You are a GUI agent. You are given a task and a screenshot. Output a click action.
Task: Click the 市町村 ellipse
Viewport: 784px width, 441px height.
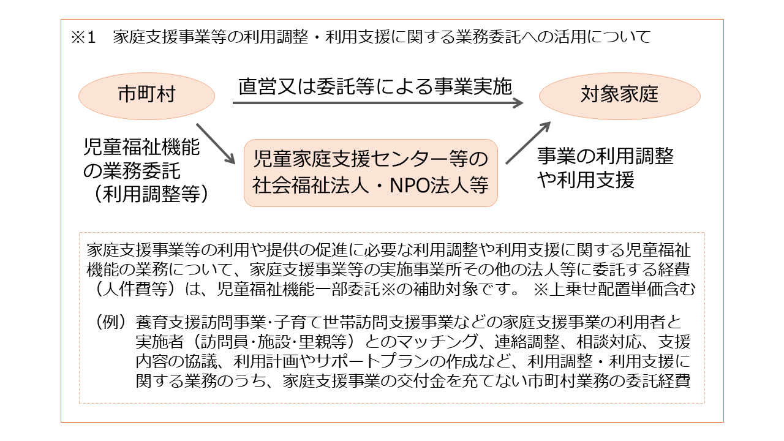pos(146,96)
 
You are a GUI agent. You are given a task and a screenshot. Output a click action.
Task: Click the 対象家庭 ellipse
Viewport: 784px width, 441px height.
pos(619,96)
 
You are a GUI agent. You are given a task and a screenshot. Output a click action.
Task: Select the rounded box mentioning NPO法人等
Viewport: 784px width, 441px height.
pos(371,173)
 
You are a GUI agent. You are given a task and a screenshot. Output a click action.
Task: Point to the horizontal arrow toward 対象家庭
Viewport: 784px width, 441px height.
pos(378,103)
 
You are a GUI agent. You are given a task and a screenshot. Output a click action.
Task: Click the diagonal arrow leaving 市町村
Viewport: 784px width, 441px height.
pos(216,143)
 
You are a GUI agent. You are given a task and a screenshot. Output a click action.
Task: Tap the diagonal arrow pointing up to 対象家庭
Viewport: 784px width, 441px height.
pos(528,143)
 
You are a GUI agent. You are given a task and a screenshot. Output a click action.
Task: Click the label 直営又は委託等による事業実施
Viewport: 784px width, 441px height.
pos(375,86)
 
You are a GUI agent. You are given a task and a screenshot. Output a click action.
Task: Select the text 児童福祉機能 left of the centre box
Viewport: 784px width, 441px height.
pos(141,146)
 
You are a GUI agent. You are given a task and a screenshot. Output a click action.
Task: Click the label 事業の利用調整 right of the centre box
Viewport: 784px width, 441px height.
pos(606,156)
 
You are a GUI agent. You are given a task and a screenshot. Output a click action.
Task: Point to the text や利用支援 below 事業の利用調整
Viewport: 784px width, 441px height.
pos(586,180)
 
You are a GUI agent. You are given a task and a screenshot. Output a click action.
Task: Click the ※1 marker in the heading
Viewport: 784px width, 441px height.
pos(83,37)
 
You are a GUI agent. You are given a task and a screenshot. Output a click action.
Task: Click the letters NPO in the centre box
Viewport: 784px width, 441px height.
pos(410,185)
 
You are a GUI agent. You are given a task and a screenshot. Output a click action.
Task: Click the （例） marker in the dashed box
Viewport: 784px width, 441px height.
pos(110,322)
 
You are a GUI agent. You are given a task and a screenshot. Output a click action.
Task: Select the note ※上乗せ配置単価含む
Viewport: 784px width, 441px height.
pos(614,289)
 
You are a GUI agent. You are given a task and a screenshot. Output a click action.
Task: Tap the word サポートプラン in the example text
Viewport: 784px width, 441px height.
pos(372,361)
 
